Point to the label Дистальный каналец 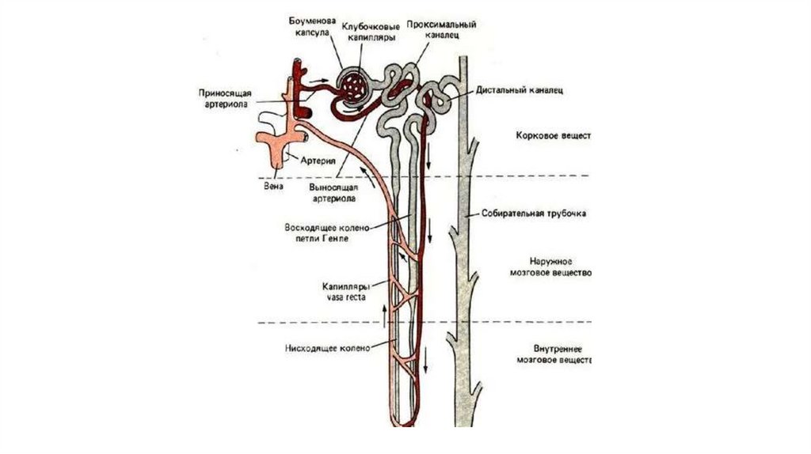coord(519,91)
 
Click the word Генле coord(336,237)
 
